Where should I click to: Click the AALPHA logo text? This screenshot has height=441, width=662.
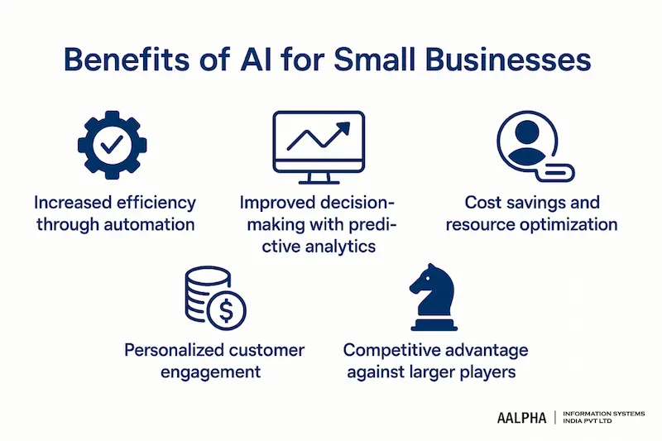pyautogui.click(x=521, y=418)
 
